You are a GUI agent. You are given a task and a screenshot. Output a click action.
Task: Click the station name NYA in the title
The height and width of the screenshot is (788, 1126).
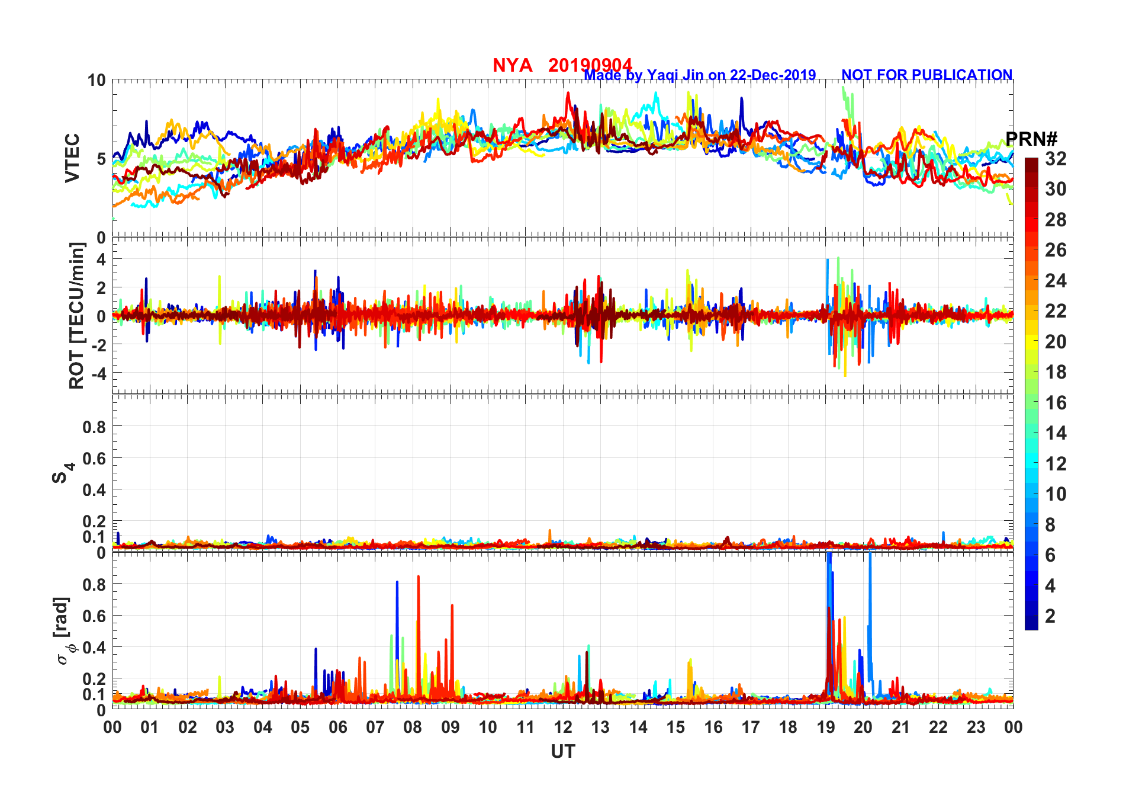click(512, 65)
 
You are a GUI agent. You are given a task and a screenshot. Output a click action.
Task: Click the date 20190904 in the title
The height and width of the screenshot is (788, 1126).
click(590, 65)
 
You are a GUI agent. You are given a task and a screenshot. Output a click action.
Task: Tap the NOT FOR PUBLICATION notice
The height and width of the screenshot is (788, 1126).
click(926, 75)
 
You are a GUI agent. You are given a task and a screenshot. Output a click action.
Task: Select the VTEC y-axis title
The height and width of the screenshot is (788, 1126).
click(72, 158)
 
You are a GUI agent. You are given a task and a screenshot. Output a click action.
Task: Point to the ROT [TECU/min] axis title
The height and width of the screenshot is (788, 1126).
click(76, 315)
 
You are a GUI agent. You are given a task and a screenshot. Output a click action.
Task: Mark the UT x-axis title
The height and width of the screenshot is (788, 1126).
click(562, 752)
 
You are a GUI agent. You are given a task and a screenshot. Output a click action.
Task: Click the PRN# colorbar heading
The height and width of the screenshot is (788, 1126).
click(1031, 139)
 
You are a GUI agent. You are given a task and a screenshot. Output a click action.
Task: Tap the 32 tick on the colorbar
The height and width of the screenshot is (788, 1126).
click(1056, 159)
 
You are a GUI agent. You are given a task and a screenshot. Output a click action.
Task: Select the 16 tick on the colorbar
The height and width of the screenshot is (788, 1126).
click(1056, 403)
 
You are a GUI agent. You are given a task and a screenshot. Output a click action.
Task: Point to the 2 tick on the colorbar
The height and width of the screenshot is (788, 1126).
click(1050, 616)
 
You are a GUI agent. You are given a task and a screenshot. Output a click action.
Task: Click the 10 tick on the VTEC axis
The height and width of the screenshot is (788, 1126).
click(96, 80)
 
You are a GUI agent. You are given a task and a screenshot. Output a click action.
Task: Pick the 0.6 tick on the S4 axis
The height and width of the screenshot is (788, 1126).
click(94, 458)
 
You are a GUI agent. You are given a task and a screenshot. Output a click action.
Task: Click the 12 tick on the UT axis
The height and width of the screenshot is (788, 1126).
click(563, 727)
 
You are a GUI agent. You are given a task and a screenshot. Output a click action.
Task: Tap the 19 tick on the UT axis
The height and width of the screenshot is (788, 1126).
click(826, 727)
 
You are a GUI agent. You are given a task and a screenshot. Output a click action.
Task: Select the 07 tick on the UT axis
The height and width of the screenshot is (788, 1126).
click(375, 727)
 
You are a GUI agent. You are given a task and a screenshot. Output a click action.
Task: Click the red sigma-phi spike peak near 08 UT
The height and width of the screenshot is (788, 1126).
click(418, 576)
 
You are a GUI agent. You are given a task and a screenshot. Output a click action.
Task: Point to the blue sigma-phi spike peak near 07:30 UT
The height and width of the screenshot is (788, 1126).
click(397, 582)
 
